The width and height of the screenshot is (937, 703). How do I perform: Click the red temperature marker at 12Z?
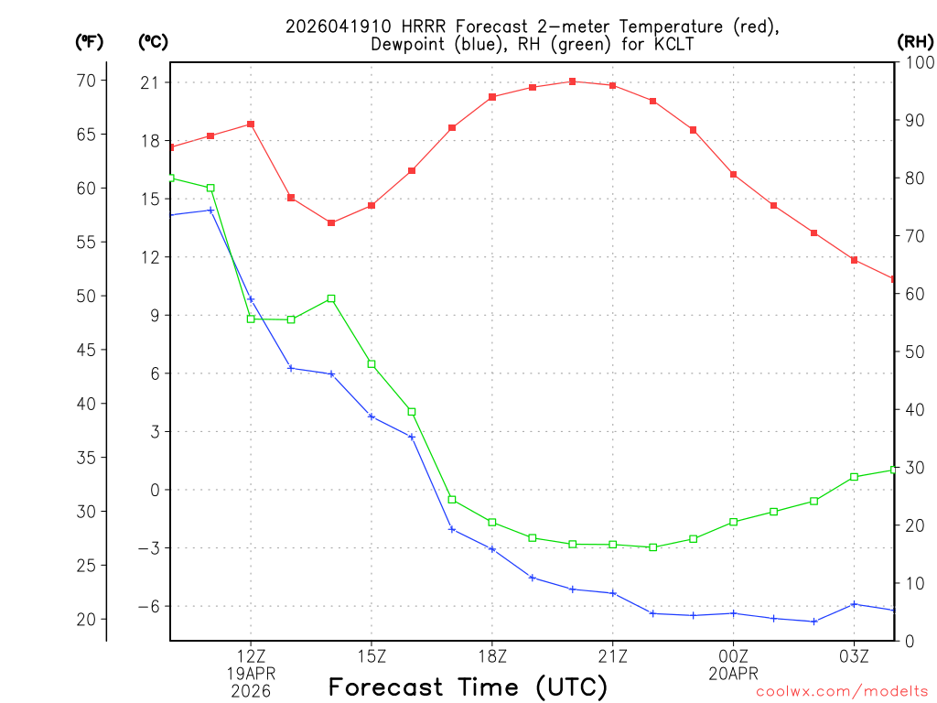[251, 124]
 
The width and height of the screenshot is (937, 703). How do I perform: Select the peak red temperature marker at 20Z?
[573, 81]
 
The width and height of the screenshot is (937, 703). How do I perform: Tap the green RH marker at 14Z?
[331, 298]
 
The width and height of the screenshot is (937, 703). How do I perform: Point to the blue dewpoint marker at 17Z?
[452, 529]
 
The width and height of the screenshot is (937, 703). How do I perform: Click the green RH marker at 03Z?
[854, 477]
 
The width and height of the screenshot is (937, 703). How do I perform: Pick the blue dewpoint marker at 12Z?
[251, 299]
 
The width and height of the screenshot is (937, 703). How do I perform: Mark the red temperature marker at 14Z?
[331, 222]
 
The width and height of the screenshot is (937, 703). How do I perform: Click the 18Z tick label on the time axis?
[492, 655]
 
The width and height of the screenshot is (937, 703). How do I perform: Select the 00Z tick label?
[733, 655]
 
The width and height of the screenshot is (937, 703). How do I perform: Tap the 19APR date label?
[251, 673]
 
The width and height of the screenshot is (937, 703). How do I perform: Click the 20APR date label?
[733, 673]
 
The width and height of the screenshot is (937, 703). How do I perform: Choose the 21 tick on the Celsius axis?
[150, 82]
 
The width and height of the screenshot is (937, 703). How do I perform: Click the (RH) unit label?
[915, 41]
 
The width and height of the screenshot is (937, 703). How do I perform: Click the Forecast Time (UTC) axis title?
[468, 687]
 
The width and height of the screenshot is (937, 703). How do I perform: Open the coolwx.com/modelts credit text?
[842, 692]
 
